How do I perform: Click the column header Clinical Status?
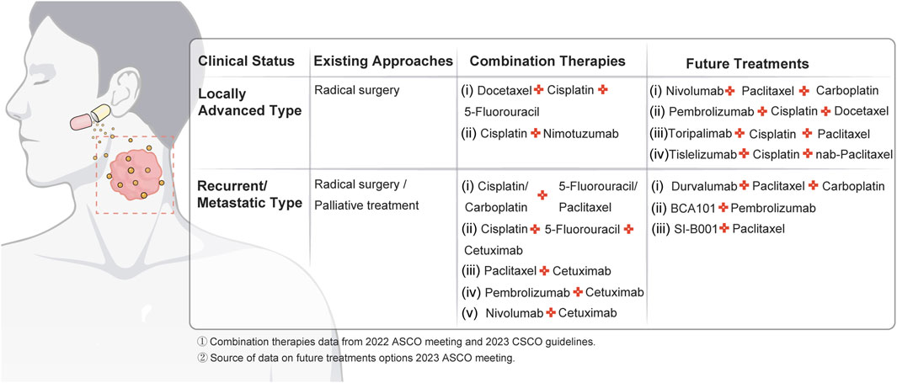(x=247, y=61)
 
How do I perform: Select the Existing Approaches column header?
(x=382, y=61)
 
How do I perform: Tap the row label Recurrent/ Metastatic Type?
(x=249, y=195)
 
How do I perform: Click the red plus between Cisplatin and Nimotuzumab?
(x=536, y=134)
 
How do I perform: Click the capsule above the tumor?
(x=90, y=117)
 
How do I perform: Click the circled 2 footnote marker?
(x=202, y=359)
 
